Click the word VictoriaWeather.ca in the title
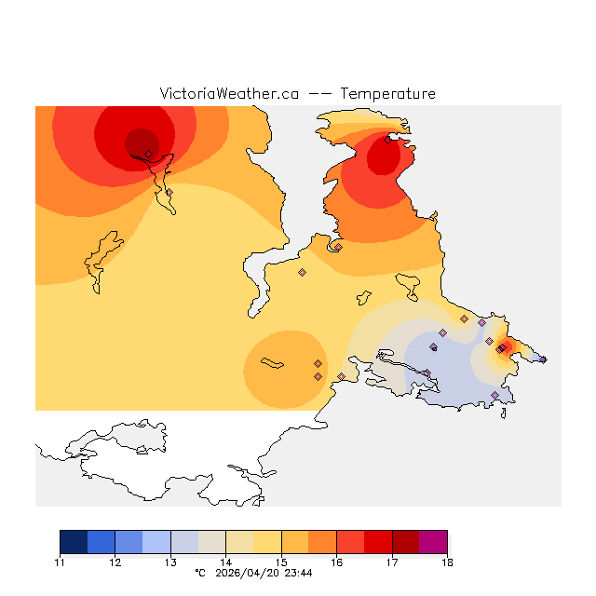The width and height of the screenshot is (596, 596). point(229,94)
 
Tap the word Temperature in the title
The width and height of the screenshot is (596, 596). point(387,94)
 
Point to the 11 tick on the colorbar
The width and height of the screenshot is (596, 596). point(61,562)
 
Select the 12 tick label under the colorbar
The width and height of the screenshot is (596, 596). point(115,562)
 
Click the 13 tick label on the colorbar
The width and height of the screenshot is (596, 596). point(170,562)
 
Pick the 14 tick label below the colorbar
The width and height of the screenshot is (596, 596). point(226,562)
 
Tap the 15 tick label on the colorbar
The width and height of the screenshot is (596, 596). point(281,562)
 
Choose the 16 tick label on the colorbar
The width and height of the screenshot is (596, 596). point(336,562)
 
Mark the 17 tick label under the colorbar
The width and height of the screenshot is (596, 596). point(392,562)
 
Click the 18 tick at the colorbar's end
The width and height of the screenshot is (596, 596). point(447,562)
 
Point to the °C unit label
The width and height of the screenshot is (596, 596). point(199,574)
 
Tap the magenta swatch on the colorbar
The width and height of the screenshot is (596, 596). point(433,542)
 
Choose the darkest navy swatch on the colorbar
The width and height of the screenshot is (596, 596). point(74,542)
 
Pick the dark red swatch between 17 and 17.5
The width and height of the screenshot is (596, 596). point(405,542)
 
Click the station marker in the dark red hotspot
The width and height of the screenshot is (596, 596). point(148,154)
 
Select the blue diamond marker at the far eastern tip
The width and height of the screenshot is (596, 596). point(543,359)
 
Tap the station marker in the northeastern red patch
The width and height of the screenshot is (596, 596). point(387,141)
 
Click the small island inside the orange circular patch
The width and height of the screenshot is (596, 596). point(272,362)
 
